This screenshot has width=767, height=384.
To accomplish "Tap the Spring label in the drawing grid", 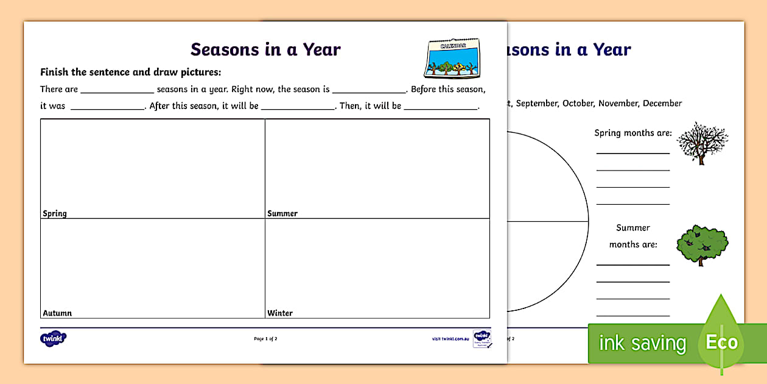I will (x=55, y=213).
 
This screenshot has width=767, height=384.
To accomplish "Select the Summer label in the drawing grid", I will (x=282, y=213).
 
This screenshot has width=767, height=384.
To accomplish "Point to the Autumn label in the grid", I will (x=57, y=313).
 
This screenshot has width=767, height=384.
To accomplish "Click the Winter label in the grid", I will (x=280, y=313).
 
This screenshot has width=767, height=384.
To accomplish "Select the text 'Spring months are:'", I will (x=633, y=133).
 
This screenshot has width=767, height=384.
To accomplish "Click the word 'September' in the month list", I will (x=537, y=104).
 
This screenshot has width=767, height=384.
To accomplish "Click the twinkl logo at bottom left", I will (x=53, y=338).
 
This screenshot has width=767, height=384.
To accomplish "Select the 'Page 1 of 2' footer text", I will (x=265, y=339).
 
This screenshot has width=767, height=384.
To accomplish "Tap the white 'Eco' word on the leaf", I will (x=721, y=342).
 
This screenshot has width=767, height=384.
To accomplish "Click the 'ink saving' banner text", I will (x=642, y=343).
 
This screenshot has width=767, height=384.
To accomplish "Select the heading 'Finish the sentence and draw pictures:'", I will (x=130, y=72).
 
